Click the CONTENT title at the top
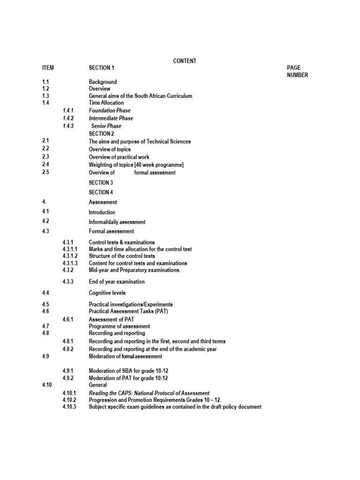(185, 61)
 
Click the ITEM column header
(48, 68)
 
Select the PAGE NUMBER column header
(297, 72)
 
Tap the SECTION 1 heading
(101, 68)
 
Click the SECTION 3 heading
(101, 183)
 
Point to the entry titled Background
(103, 82)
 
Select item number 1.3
(45, 96)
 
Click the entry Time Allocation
(106, 103)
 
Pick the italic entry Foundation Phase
(110, 111)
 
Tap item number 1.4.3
(68, 126)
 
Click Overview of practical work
(119, 157)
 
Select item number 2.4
(45, 165)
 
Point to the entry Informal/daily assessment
(117, 222)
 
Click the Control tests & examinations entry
(121, 242)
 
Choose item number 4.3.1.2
(70, 256)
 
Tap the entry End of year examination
(117, 282)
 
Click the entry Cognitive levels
(107, 293)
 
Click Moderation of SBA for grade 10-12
(128, 372)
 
